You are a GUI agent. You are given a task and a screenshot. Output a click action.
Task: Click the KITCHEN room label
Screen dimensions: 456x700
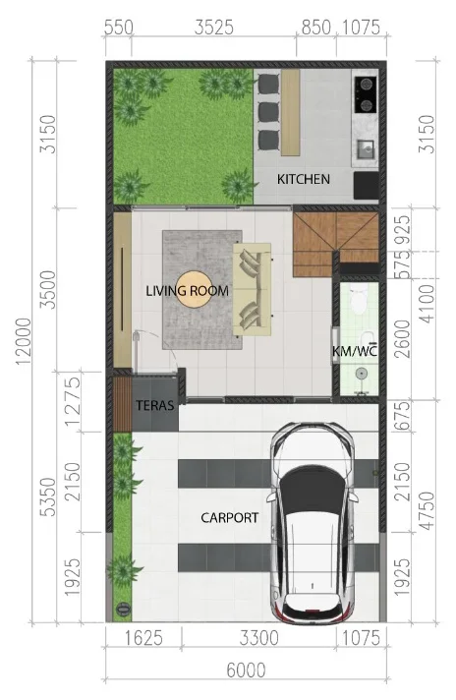304,179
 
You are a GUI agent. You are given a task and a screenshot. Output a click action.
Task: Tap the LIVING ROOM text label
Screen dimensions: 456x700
188,291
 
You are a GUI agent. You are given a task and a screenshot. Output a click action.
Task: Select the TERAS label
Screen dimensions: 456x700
155,405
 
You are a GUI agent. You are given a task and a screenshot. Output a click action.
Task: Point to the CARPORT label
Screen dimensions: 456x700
229,517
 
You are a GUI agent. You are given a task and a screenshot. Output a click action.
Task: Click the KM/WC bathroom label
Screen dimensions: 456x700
355,351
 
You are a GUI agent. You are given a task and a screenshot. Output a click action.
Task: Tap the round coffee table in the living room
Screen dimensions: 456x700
194,290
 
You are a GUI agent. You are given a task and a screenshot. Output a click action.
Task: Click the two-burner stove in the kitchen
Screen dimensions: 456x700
366,94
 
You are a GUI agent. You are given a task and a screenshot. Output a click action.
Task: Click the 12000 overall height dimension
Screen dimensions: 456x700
24,341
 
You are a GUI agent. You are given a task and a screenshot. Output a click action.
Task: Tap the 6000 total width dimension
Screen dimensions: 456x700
246,671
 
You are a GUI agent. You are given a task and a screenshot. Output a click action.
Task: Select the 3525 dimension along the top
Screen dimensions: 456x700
214,28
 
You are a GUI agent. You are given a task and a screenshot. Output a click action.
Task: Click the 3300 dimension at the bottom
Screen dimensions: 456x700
258,637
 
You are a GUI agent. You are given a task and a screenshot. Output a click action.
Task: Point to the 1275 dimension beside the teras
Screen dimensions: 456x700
73,401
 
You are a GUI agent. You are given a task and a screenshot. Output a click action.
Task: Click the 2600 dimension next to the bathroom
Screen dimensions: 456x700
403,339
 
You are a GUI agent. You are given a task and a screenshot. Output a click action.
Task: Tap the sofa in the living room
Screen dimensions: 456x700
253,289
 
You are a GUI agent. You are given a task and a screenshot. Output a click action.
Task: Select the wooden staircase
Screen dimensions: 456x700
335,243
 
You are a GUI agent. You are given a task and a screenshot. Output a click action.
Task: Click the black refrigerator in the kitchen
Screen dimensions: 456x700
367,185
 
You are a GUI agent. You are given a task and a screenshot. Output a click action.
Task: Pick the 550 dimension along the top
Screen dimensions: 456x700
119,28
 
